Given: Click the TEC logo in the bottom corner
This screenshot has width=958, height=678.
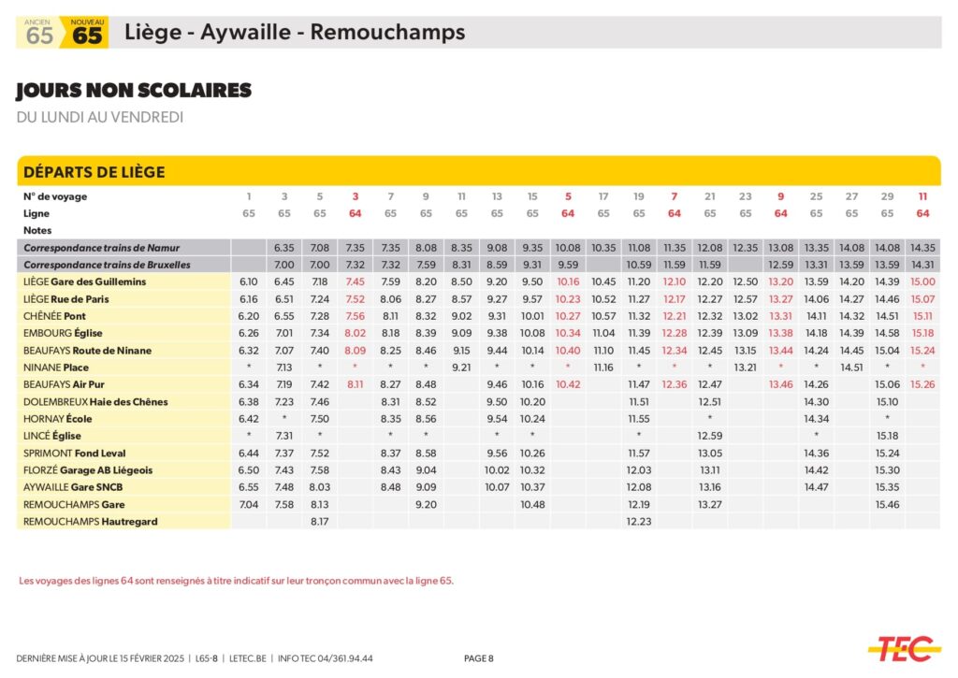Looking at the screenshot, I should [904, 647].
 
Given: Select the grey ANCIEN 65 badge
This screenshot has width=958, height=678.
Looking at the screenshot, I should [38, 33].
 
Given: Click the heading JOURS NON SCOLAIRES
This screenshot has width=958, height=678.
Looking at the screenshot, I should [134, 91].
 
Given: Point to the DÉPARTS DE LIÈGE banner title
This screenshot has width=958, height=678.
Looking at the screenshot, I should [94, 172].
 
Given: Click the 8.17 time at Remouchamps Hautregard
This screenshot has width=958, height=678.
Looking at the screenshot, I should [319, 522].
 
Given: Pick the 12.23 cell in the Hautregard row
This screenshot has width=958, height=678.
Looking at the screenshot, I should [639, 522].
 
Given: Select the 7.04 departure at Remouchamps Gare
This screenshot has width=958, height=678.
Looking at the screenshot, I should [249, 505].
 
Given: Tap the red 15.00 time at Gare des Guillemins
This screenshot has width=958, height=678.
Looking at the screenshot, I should [922, 281].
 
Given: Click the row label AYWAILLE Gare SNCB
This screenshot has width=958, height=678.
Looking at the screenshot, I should [73, 487].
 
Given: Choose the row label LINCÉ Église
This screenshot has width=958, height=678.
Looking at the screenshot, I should [52, 436].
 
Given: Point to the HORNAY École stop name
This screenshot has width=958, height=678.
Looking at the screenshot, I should [58, 419].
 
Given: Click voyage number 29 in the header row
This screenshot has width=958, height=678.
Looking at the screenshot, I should [888, 196].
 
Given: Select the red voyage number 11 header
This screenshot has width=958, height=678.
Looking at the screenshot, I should [922, 196].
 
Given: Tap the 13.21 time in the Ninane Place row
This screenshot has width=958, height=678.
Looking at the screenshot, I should [746, 368].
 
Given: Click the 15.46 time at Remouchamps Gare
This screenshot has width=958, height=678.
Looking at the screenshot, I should [888, 505].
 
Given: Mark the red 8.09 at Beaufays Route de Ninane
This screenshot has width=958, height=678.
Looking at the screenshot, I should [355, 351].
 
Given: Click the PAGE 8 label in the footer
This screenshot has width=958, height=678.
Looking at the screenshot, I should [478, 658].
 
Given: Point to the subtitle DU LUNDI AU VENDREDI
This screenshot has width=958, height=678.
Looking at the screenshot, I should [100, 118].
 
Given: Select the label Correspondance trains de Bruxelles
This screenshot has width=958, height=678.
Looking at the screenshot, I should [107, 265].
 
